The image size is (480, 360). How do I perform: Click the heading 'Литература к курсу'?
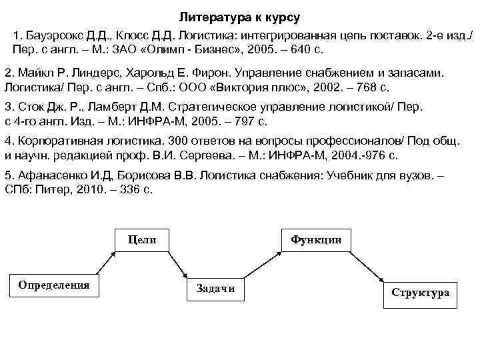coord(240,15)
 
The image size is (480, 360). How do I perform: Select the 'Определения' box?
coord(53,285)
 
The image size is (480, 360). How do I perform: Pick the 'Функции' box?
coord(317,240)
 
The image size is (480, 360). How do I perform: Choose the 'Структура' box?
coord(420,293)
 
